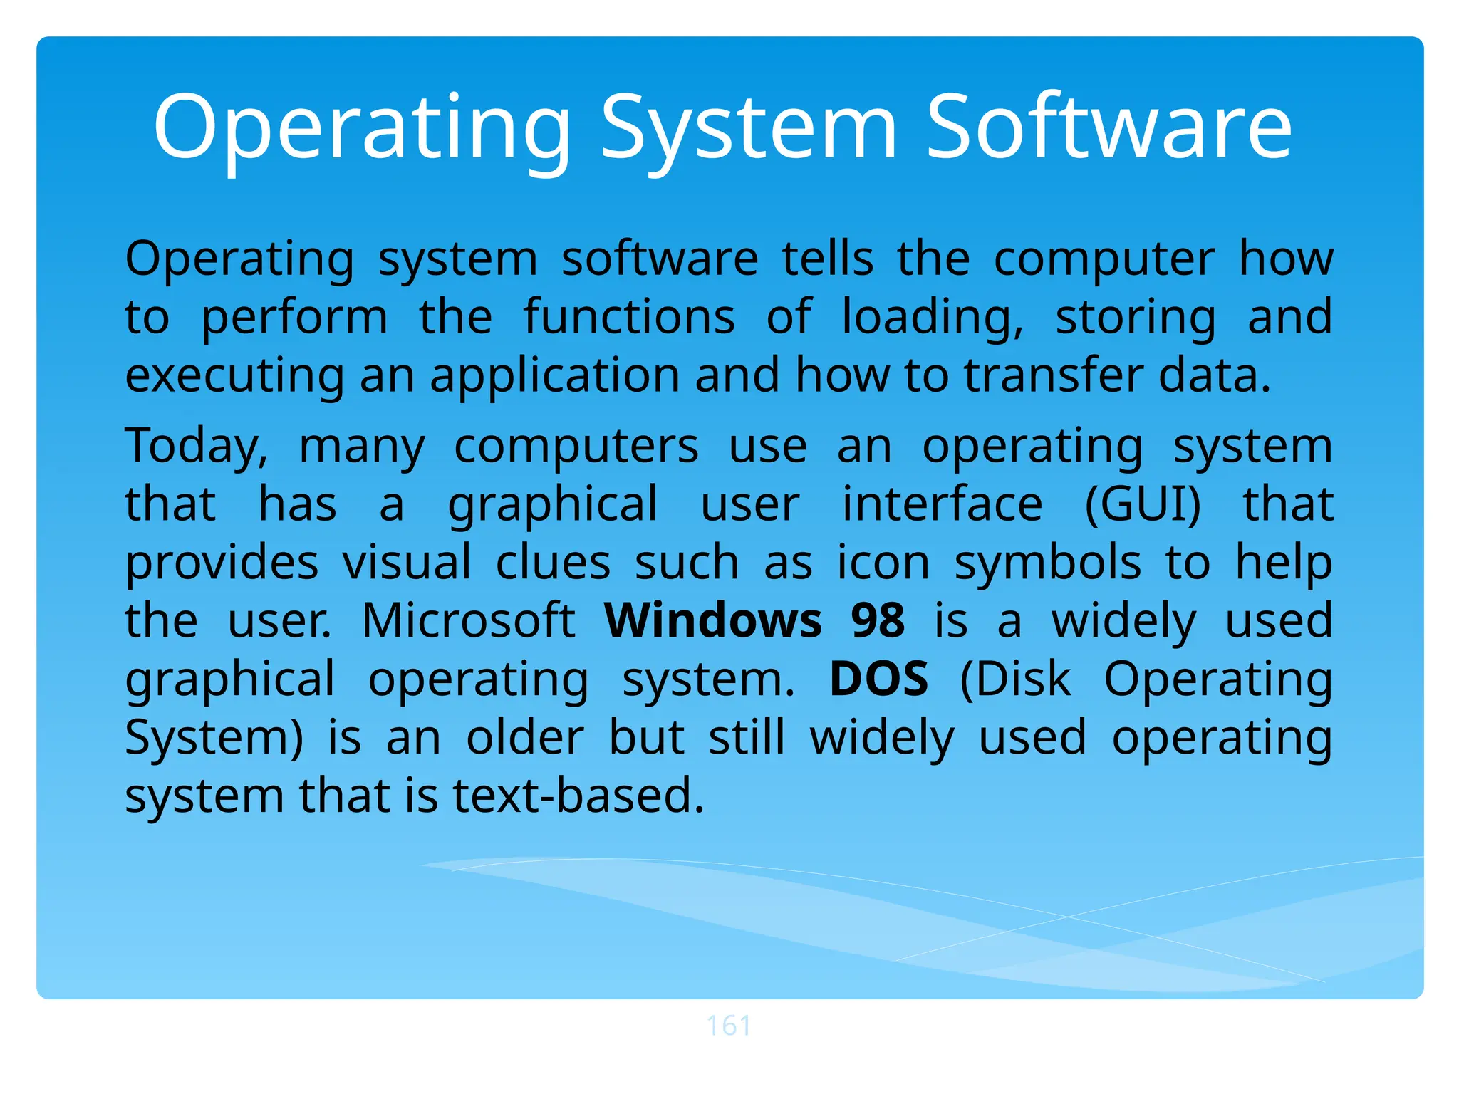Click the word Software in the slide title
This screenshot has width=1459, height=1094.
click(x=1108, y=128)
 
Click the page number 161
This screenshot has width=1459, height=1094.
click(x=728, y=1026)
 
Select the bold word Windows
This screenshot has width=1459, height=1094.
click(x=713, y=620)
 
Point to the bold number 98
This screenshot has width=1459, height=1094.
click(x=878, y=620)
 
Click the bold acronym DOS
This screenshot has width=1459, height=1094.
click(x=879, y=679)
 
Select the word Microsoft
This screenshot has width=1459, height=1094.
click(x=468, y=620)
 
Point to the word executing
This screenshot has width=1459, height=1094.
click(x=234, y=377)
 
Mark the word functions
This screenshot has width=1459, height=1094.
click(x=629, y=317)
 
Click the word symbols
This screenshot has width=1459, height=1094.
click(x=1048, y=563)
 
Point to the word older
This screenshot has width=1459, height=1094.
click(x=525, y=737)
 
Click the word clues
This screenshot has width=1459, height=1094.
click(x=553, y=563)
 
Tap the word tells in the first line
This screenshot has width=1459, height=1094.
click(x=828, y=259)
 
